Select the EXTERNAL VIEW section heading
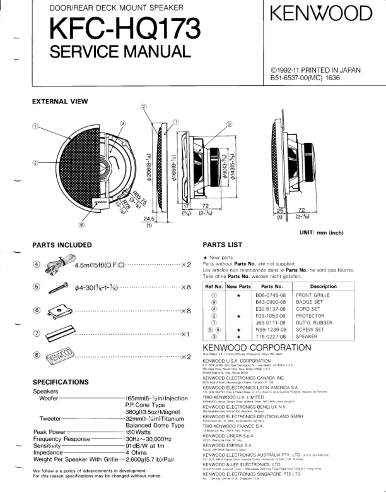[60, 102]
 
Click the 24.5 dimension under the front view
[149, 219]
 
